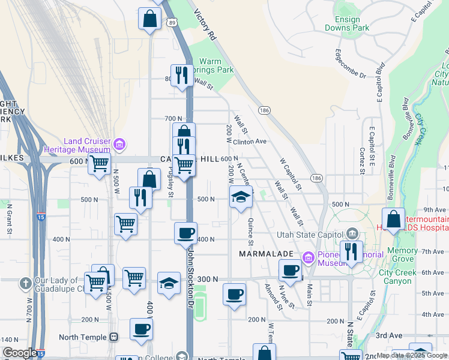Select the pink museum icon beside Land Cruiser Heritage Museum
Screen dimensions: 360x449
(119, 143)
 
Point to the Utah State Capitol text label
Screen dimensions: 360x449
(310, 234)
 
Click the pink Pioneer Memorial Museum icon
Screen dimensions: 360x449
(310, 257)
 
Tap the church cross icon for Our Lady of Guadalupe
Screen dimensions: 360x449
(25, 282)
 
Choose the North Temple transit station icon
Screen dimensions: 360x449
(114, 337)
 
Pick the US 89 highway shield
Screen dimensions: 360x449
(173, 22)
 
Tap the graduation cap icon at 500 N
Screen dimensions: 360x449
(240, 197)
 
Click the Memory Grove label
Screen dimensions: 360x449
(402, 254)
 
